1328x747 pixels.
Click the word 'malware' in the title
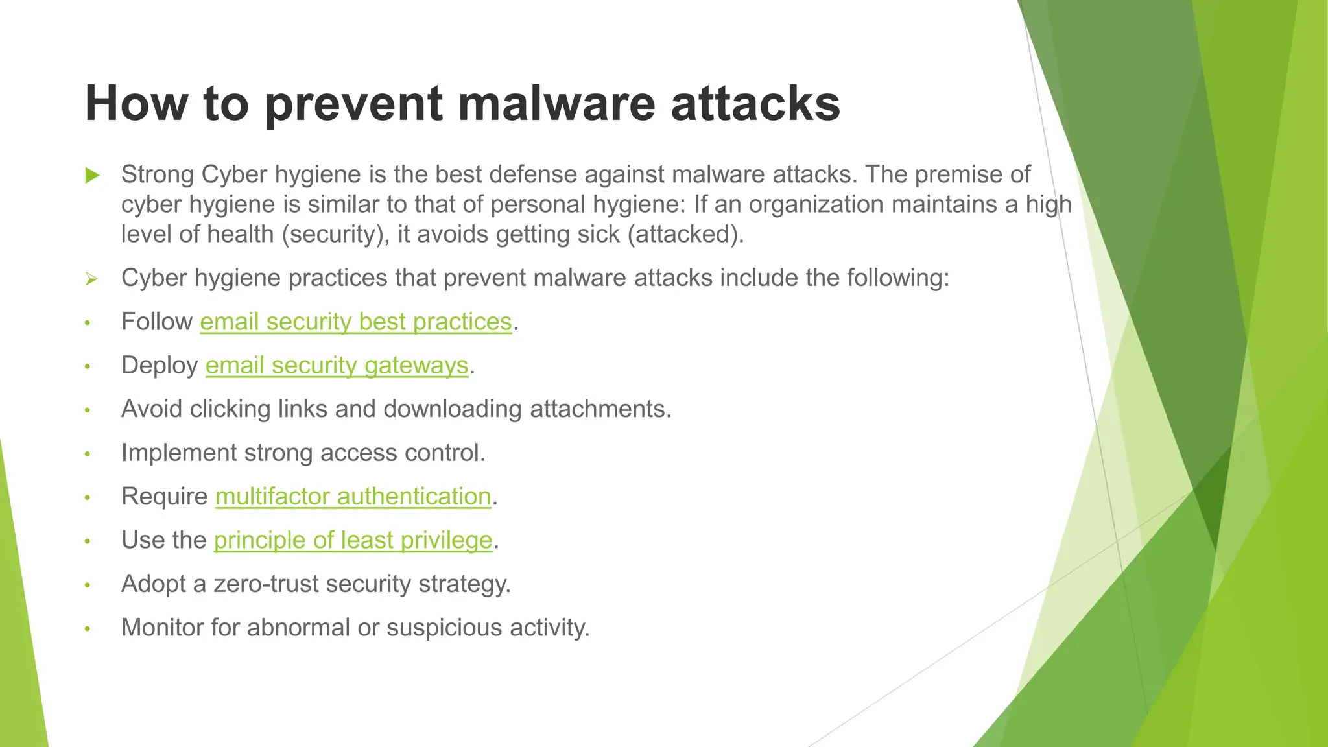coord(556,104)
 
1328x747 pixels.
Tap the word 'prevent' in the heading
coord(353,104)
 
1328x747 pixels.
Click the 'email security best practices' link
coord(356,322)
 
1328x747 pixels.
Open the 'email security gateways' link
coord(337,366)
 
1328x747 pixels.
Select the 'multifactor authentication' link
coord(353,497)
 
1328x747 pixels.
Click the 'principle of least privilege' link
coord(353,540)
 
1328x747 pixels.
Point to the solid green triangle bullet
coord(92,175)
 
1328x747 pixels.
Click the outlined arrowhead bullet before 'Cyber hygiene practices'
coord(91,279)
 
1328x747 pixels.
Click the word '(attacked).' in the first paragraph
coord(685,234)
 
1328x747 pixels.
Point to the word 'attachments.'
coord(600,409)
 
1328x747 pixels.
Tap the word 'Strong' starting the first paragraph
coord(158,175)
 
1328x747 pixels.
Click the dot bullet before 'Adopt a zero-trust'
coord(88,586)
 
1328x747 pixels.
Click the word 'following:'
coord(898,278)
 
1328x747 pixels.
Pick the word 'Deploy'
coord(160,366)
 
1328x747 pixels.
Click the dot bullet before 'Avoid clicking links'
coord(88,410)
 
